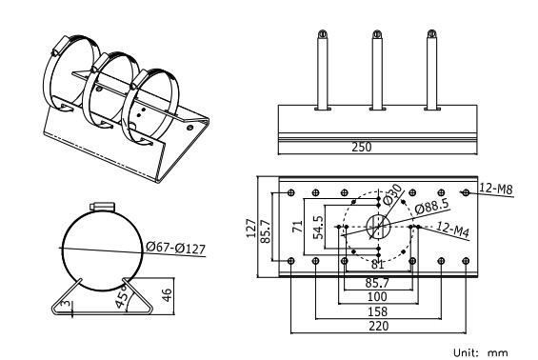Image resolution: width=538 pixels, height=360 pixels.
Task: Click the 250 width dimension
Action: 362,147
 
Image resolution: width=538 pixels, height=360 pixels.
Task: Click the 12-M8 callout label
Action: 496,190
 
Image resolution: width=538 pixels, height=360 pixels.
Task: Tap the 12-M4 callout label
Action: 452,230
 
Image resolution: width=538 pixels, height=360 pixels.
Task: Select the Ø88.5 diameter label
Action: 431,207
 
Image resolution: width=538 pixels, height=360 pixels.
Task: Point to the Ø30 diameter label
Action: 391,194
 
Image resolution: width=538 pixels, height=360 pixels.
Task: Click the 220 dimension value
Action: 379,326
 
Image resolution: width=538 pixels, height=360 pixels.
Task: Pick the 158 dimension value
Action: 377,311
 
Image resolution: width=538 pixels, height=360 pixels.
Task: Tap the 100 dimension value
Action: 377,296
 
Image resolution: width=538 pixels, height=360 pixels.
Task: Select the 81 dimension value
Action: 377,265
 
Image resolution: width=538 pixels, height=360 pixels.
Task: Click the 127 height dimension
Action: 251,228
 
